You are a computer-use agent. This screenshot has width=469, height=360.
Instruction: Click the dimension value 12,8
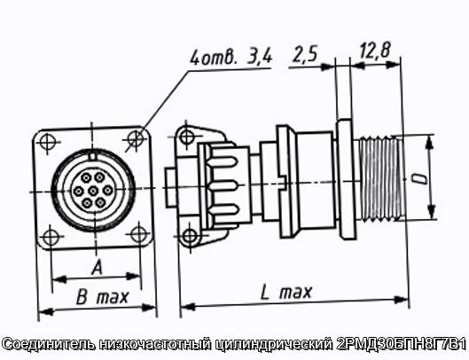(x=375, y=51)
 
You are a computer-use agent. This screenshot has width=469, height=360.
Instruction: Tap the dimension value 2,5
(x=304, y=53)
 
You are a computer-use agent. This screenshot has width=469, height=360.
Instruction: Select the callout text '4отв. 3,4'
(x=231, y=58)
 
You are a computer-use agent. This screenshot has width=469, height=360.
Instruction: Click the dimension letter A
(x=98, y=267)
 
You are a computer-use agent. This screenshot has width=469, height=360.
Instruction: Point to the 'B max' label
(x=102, y=297)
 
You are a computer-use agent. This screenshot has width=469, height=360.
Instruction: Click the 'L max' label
(x=286, y=292)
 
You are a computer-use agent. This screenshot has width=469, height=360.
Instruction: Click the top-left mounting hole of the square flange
(x=47, y=142)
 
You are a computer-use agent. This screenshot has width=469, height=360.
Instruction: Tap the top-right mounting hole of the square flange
(x=136, y=138)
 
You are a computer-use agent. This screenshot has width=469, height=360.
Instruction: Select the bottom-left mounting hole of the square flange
(x=50, y=237)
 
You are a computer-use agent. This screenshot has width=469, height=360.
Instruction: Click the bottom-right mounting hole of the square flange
(x=139, y=234)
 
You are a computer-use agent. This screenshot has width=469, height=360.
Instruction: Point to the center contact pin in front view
(x=93, y=191)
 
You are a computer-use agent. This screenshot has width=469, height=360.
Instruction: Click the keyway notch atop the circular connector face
(x=93, y=156)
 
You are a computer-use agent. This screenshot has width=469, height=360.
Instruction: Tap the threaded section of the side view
(x=379, y=178)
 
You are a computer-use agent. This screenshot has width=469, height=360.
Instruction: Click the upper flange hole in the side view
(x=186, y=137)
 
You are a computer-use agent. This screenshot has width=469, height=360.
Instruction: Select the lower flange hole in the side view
(x=190, y=236)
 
